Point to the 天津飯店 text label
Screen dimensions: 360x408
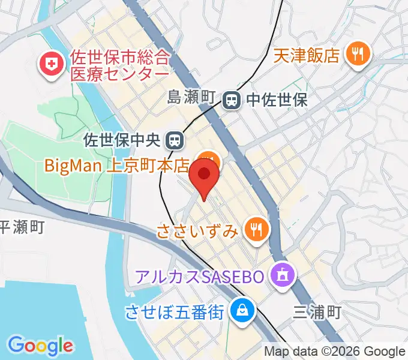(x=307, y=56)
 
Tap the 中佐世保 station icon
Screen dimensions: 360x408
(x=231, y=100)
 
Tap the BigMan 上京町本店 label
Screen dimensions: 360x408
(x=118, y=164)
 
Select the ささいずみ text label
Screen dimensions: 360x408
(x=198, y=230)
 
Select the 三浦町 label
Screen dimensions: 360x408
(x=317, y=312)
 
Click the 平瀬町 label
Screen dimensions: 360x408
(x=22, y=227)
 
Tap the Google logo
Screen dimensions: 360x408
(x=40, y=346)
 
